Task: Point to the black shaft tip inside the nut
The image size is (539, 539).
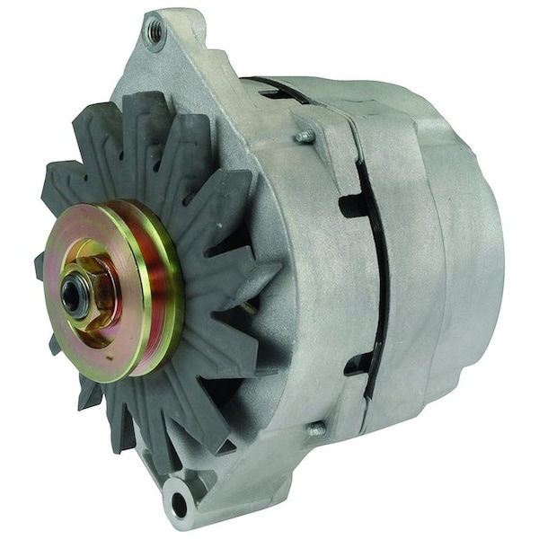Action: click(75, 293)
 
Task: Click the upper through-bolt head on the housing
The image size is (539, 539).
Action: click(306, 136)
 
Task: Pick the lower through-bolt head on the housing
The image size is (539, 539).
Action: click(316, 430)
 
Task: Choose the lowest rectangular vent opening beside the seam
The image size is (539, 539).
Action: click(358, 365)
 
